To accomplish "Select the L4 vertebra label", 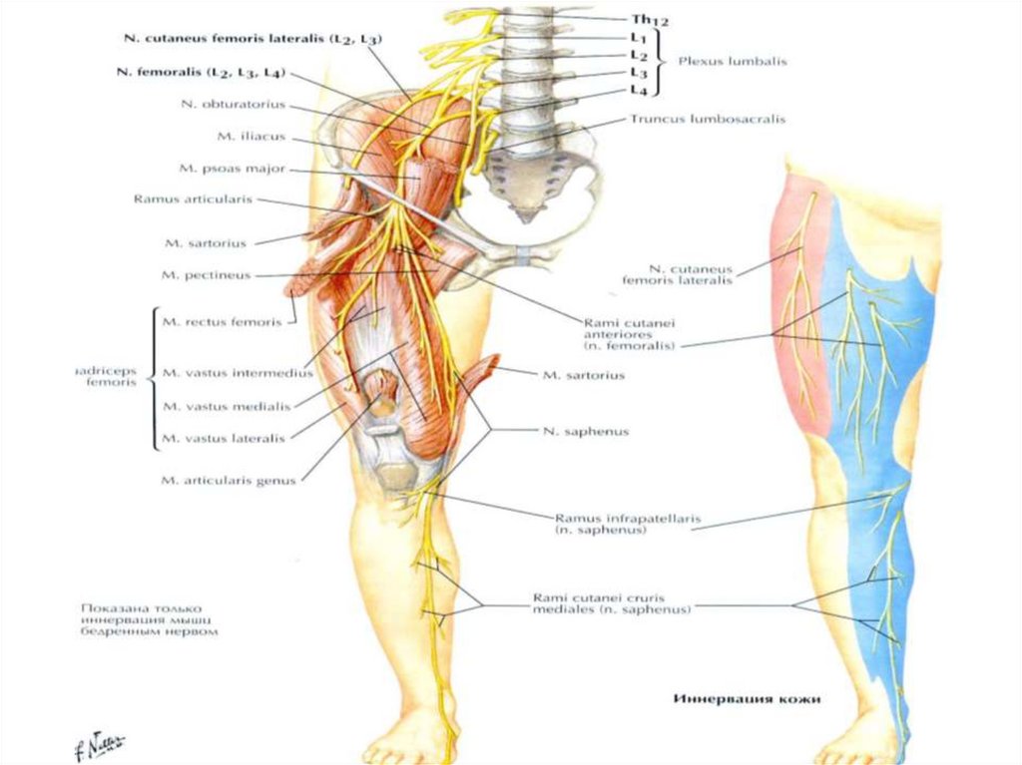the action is (640, 91).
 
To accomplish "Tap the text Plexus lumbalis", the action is (733, 61).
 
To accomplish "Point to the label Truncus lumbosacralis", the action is (707, 119).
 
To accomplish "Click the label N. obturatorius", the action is (234, 104).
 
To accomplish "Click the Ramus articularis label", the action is (193, 199).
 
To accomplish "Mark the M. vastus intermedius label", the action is (237, 373).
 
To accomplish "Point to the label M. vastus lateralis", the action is (223, 438).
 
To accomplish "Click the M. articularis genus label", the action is (228, 481).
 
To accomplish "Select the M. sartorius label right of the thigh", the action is (584, 376).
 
